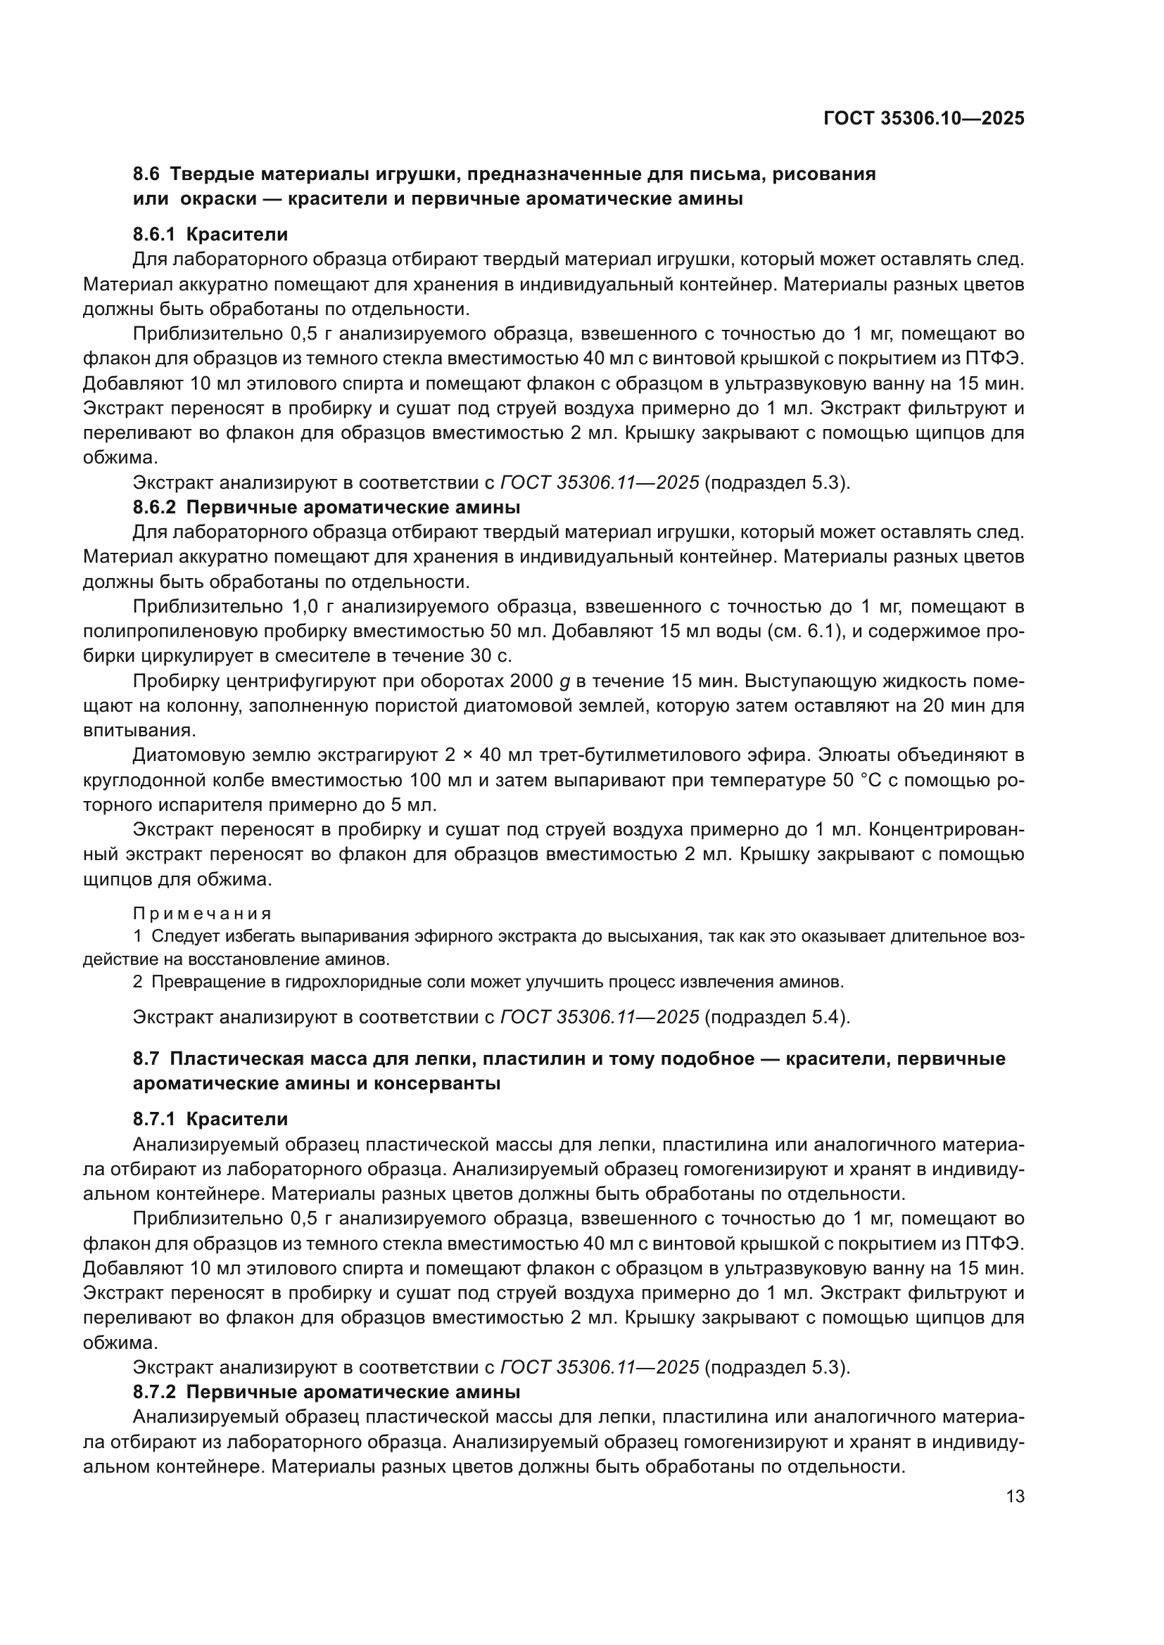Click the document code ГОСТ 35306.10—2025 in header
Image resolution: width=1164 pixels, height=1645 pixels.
point(924,118)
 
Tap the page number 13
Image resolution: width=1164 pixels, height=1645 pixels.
point(1015,1496)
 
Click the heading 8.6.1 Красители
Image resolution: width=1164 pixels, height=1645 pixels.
point(210,234)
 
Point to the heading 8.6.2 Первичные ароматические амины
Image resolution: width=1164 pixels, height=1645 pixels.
point(326,507)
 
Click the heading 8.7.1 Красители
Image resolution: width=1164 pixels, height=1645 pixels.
point(210,1118)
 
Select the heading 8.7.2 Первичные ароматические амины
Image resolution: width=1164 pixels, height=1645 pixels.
point(326,1391)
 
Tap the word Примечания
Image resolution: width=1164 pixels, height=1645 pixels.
point(203,914)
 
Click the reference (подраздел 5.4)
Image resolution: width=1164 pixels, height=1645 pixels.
point(777,1017)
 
